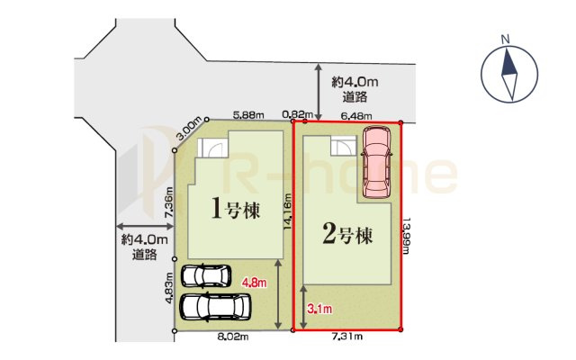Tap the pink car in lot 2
[376, 162]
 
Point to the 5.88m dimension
[248, 114]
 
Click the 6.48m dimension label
[358, 114]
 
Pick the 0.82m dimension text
[297, 114]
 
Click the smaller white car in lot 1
[206, 275]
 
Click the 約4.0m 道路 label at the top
[352, 88]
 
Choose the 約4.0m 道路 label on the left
[144, 247]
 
